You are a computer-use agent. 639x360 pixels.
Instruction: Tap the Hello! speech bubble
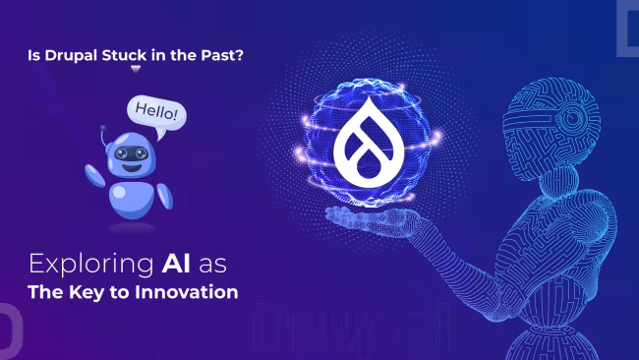[x=155, y=110]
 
